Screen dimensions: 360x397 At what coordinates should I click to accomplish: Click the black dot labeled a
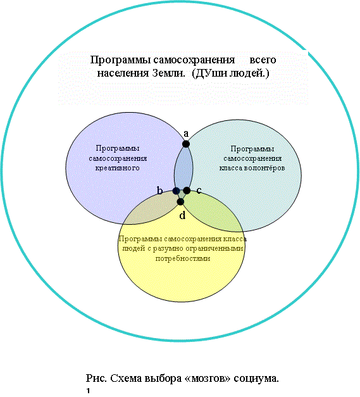pyautogui.click(x=186, y=144)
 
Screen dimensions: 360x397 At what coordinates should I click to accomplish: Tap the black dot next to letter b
pyautogui.click(x=176, y=191)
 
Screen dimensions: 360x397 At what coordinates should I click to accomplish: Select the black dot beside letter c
pyautogui.click(x=187, y=191)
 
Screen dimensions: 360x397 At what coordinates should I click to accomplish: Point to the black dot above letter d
pyautogui.click(x=180, y=202)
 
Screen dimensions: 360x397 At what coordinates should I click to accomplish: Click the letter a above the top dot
pyautogui.click(x=186, y=134)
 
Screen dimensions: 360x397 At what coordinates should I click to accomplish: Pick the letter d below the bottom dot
pyautogui.click(x=182, y=215)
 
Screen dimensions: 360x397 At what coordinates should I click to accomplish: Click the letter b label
pyautogui.click(x=159, y=191)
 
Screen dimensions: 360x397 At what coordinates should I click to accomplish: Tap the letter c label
pyautogui.click(x=199, y=191)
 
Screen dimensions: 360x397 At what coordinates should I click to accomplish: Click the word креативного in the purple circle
pyautogui.click(x=118, y=168)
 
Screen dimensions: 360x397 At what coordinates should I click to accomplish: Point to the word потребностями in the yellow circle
pyautogui.click(x=183, y=258)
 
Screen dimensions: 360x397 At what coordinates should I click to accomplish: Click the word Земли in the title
pyautogui.click(x=168, y=73)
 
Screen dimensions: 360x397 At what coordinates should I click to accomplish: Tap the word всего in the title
pyautogui.click(x=263, y=60)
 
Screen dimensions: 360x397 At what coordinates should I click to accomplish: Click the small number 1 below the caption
pyautogui.click(x=89, y=391)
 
